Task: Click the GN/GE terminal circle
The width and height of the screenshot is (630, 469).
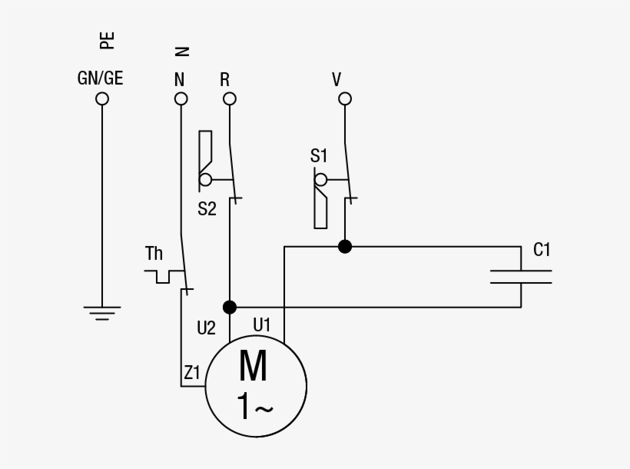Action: click(x=102, y=98)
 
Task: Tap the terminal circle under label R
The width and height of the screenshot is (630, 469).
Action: click(x=230, y=98)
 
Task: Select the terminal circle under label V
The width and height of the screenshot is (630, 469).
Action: click(x=345, y=98)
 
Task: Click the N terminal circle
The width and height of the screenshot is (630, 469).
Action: click(x=181, y=98)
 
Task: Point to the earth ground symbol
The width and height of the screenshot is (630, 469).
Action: click(x=102, y=314)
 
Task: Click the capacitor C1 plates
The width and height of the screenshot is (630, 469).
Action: click(x=521, y=277)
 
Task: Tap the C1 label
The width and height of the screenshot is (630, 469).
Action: click(x=542, y=250)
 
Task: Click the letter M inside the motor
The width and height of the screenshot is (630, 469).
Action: click(x=253, y=365)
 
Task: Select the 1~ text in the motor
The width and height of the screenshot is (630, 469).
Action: click(x=255, y=406)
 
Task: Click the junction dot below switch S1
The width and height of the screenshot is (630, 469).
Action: click(x=345, y=247)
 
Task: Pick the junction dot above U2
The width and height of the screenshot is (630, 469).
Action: click(x=230, y=308)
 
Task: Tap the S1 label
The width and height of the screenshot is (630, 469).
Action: click(x=319, y=155)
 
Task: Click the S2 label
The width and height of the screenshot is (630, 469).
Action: click(x=207, y=209)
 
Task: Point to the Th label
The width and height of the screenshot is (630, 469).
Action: click(x=154, y=254)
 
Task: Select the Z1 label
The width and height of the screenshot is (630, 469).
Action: click(x=191, y=372)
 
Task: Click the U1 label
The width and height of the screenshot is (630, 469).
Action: click(x=261, y=324)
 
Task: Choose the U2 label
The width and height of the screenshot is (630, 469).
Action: click(x=206, y=328)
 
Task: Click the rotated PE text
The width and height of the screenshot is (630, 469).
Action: click(x=107, y=41)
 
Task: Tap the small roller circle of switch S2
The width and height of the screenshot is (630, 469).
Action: click(x=205, y=180)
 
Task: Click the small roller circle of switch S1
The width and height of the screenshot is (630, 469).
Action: click(x=320, y=180)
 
